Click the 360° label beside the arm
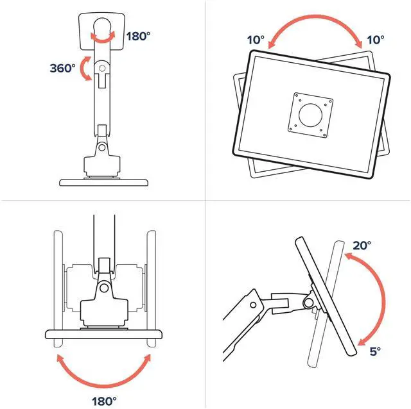[62, 67]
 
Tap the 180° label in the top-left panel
[138, 36]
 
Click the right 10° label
[375, 40]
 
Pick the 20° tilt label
[362, 245]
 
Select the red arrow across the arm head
[102, 37]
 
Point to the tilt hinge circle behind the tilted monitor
[310, 301]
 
